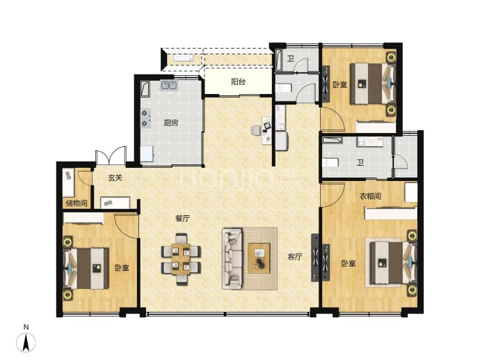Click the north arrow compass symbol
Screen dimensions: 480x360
click(26, 341)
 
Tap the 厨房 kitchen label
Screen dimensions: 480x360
click(171, 123)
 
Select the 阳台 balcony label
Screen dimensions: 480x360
click(238, 81)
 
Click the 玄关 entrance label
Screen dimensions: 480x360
click(115, 178)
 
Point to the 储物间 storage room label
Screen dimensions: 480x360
click(77, 203)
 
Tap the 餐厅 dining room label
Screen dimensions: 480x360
click(182, 219)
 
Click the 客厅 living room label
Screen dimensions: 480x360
click(295, 256)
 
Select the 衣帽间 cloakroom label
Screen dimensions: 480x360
click(370, 196)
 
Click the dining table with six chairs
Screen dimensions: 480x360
click(181, 259)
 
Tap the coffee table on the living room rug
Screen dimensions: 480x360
click(259, 258)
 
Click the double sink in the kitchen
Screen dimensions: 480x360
click(168, 85)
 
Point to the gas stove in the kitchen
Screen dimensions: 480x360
click(145, 118)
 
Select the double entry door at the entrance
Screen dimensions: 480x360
click(111, 157)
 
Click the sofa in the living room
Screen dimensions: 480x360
click(232, 258)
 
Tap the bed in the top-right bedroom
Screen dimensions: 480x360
click(374, 84)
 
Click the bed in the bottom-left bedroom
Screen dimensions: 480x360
click(86, 268)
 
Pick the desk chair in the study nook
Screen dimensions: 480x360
click(255, 130)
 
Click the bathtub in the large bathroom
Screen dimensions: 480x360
click(332, 141)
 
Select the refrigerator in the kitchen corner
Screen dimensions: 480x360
click(147, 153)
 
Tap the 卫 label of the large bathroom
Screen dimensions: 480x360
click(360, 162)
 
